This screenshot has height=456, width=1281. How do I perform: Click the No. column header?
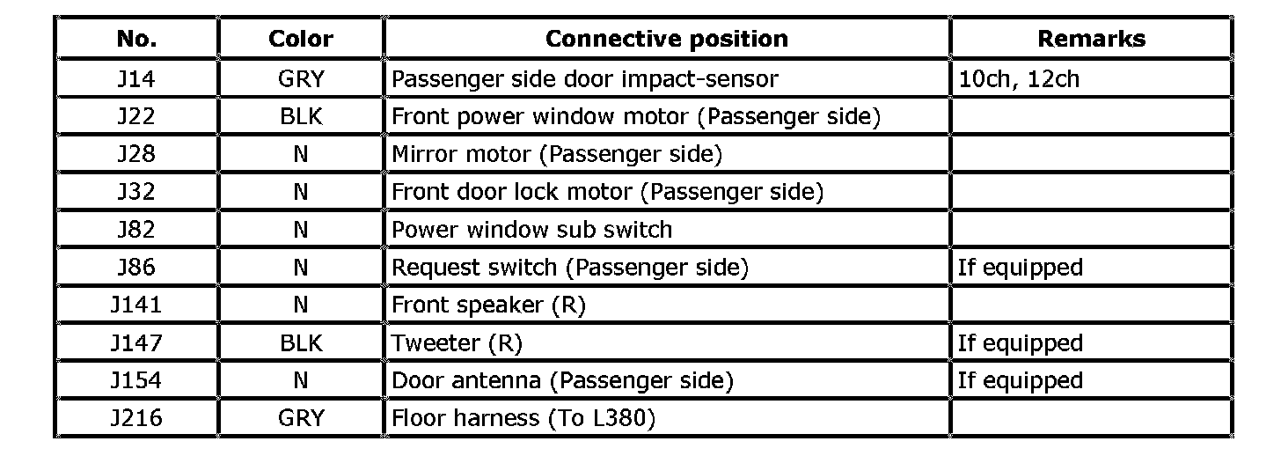[136, 40]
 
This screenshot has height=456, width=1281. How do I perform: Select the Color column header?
[301, 40]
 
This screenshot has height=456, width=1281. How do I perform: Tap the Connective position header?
[666, 40]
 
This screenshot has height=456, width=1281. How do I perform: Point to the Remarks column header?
[1091, 40]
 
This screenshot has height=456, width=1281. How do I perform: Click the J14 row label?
[136, 79]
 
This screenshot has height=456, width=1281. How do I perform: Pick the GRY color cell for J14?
[301, 79]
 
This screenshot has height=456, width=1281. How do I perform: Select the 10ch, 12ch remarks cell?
[1018, 79]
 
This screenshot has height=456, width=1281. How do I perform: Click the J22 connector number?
[136, 116]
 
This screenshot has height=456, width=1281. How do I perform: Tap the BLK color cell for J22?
[301, 116]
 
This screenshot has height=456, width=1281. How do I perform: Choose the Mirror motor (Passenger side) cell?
[556, 154]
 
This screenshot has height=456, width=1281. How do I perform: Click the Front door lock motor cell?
[607, 192]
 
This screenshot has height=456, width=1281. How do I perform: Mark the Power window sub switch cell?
[531, 230]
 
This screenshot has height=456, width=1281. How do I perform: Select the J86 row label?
[136, 268]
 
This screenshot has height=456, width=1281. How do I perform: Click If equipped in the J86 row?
[1020, 268]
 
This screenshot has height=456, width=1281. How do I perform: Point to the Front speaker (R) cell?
[488, 305]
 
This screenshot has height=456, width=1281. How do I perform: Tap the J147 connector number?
[136, 342]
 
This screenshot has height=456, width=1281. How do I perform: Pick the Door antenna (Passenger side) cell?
[561, 380]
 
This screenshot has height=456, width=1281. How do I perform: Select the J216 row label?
[136, 418]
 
